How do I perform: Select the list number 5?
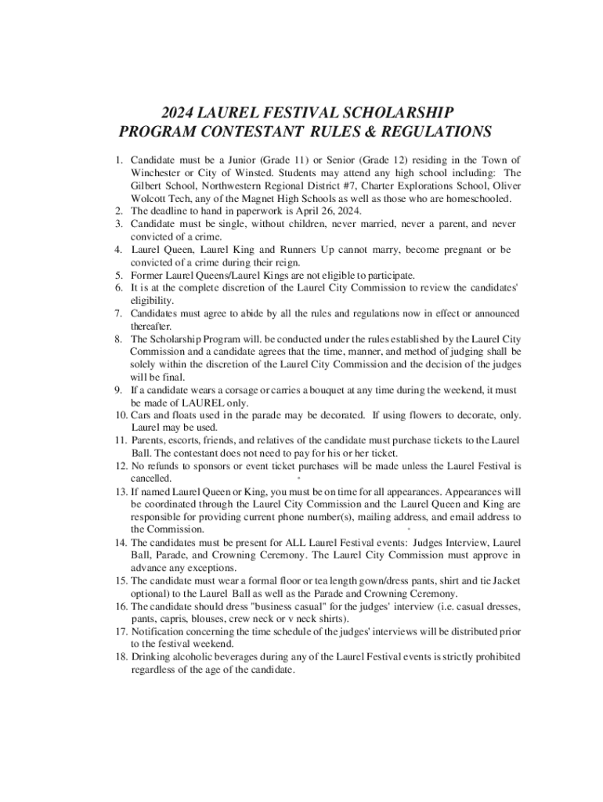coord(118,275)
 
